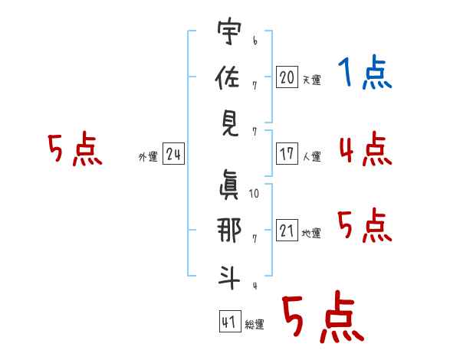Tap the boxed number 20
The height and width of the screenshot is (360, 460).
click(x=287, y=77)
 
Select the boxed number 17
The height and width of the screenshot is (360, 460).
click(x=287, y=154)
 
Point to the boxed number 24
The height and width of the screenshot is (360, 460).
click(x=173, y=155)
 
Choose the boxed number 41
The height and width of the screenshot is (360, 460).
click(x=228, y=322)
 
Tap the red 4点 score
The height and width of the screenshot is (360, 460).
click(x=365, y=149)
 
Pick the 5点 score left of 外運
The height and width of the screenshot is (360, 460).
click(x=74, y=149)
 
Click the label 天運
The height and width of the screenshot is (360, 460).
click(x=311, y=80)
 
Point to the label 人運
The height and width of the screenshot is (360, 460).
click(x=311, y=156)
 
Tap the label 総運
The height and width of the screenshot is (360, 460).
click(x=255, y=325)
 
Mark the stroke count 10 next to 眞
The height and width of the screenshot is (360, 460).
click(x=254, y=193)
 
